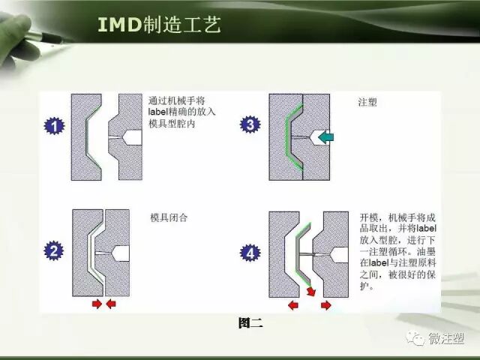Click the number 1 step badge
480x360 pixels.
click(54, 126)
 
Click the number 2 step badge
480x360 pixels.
click(54, 251)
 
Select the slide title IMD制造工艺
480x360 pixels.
click(159, 25)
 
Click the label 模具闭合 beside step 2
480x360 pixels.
click(169, 217)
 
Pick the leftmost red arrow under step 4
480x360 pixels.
click(293, 305)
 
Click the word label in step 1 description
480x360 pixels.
click(160, 111)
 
